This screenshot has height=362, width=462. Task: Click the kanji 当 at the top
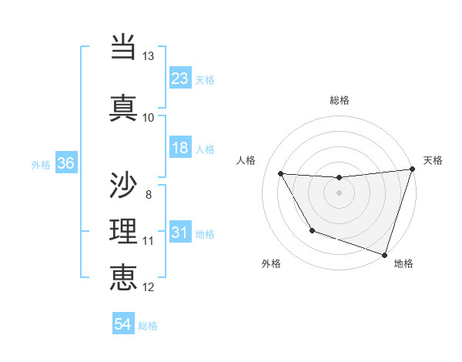coord(124,48)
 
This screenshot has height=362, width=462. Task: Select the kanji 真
coord(124,109)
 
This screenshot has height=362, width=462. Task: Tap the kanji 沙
coord(124,185)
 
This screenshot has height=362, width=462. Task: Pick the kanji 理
coord(124,232)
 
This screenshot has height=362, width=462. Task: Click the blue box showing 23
coord(180,79)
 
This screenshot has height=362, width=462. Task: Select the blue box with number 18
coord(180,148)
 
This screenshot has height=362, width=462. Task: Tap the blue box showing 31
coord(180,233)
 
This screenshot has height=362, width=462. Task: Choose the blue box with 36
coord(65,163)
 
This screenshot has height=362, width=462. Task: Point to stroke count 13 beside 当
coord(149,56)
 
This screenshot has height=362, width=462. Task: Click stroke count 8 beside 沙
coord(149,194)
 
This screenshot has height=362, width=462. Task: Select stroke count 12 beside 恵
coord(149,287)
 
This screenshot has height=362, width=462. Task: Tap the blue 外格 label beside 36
coord(41,164)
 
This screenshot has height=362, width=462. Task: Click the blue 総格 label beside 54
coord(148,326)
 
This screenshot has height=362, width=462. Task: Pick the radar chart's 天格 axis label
coord(433,160)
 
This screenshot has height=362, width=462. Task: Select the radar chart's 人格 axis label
coord(246,160)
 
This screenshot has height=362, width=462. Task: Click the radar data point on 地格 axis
coord(384,254)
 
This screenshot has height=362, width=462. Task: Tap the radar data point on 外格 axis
coord(312,230)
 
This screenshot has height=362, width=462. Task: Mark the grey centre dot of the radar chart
coord(339,193)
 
